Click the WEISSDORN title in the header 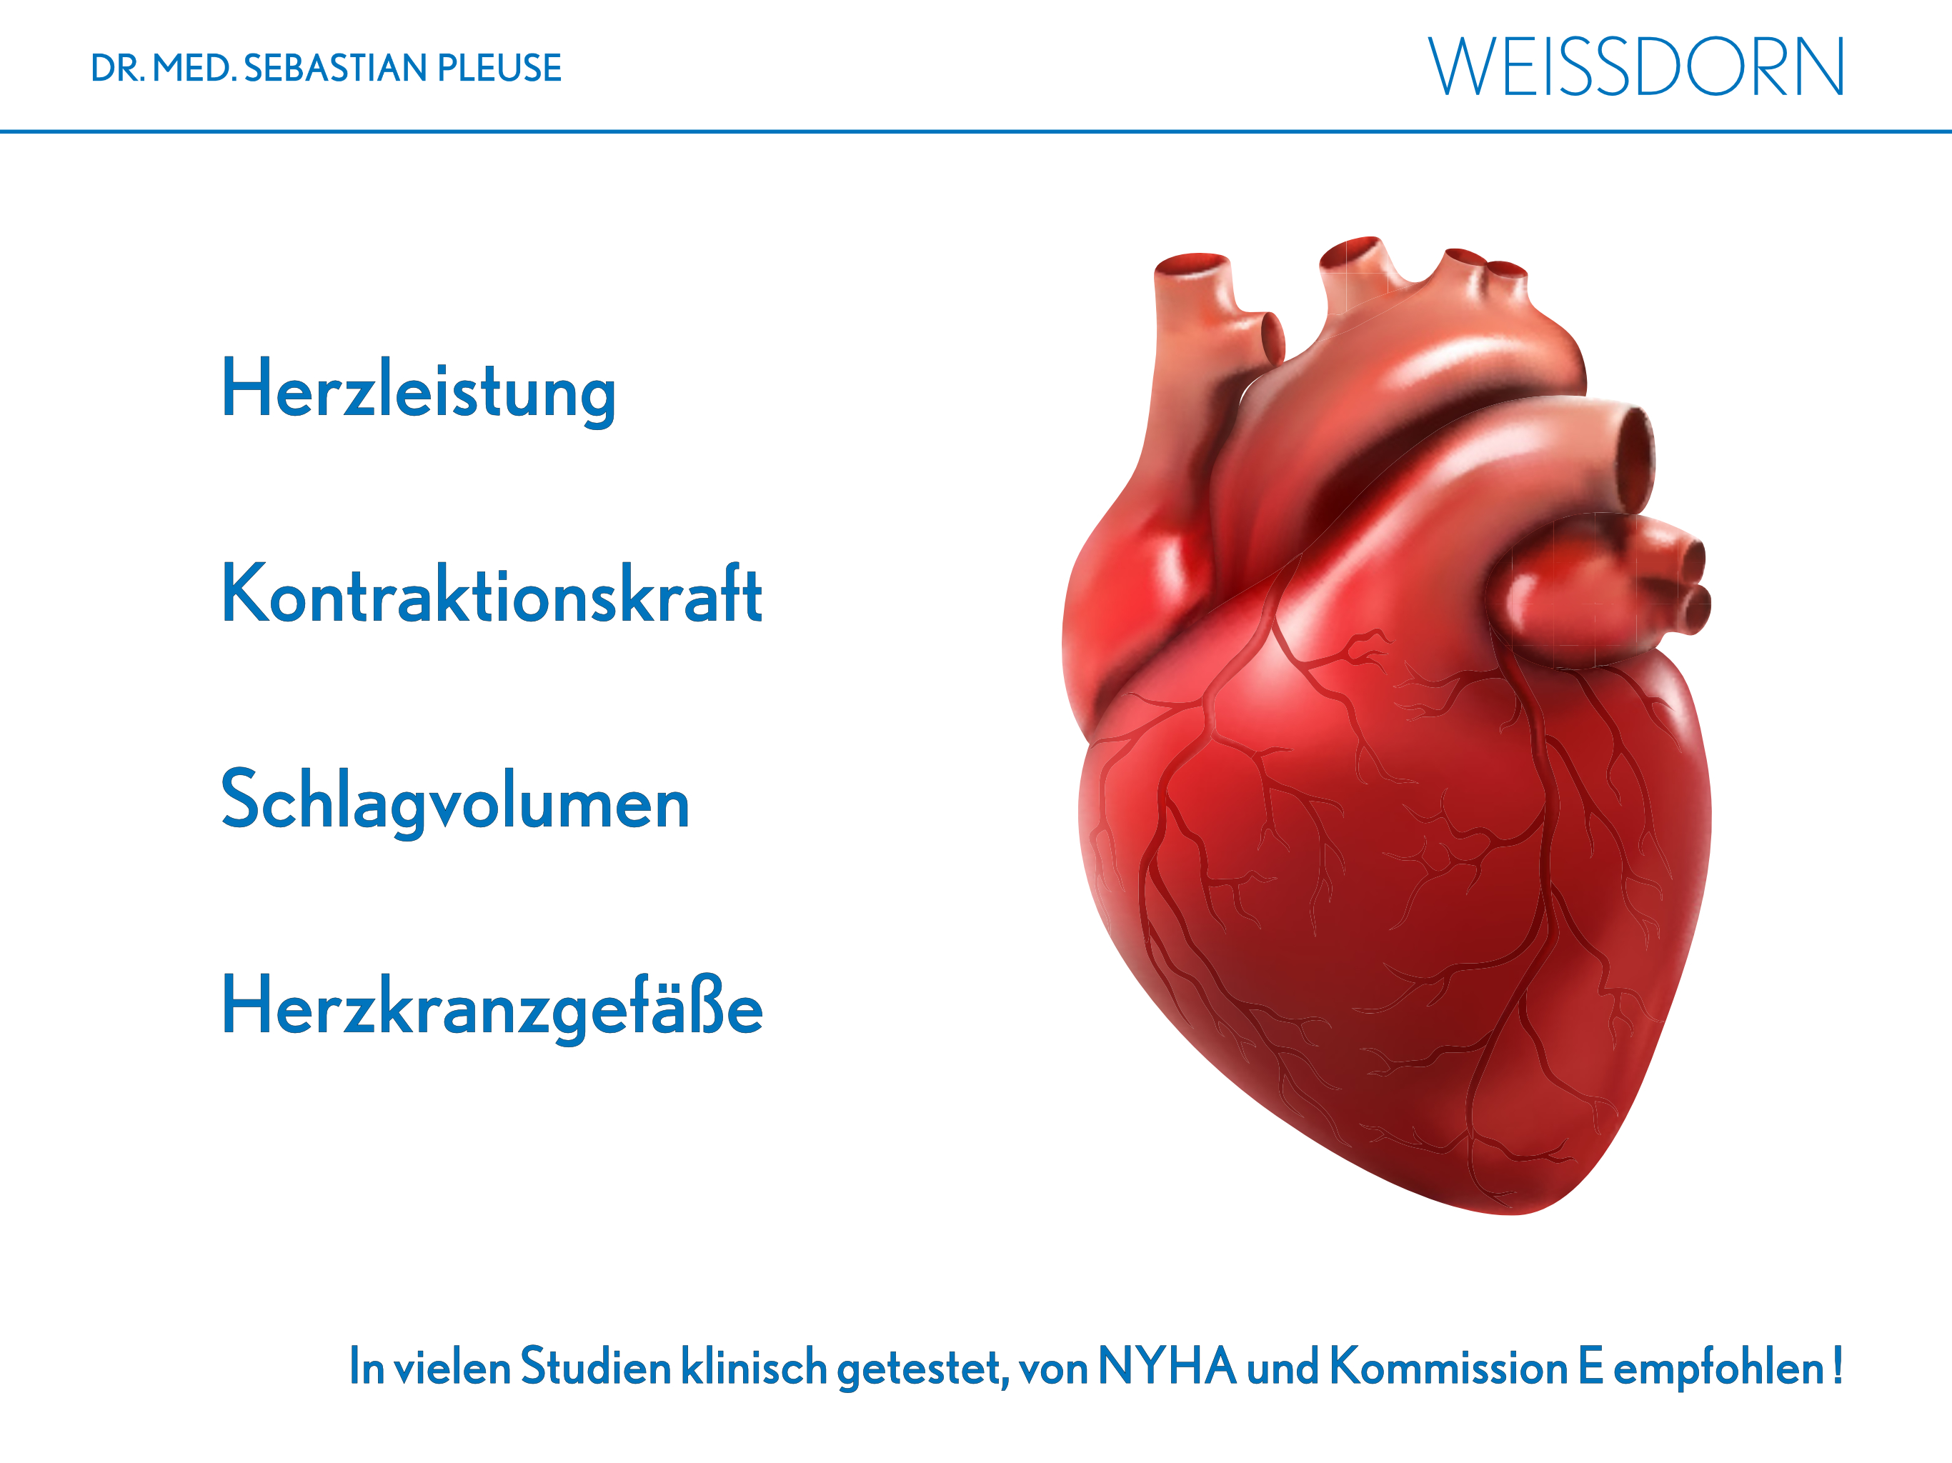pos(1636,66)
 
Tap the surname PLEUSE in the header pos(499,68)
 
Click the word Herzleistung pos(418,391)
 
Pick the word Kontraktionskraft pos(492,593)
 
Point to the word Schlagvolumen pos(454,802)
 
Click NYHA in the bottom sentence pos(1167,1366)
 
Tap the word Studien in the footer pos(596,1366)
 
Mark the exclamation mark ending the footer pos(1836,1365)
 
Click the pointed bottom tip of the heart pos(1510,1212)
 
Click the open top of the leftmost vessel pos(1191,262)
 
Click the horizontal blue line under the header pos(976,131)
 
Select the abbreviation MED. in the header pos(194,68)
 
